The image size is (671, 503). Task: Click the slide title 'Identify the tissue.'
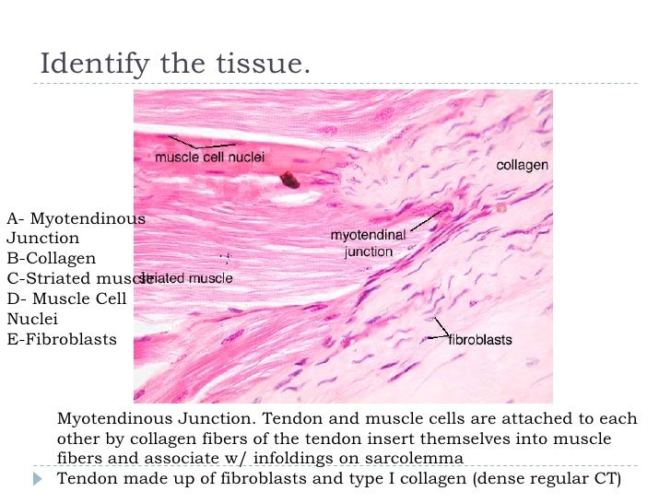tap(175, 66)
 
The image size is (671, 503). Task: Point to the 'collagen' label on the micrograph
tap(523, 166)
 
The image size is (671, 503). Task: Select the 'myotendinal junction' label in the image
tap(368, 243)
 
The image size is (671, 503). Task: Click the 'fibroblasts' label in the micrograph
tap(480, 340)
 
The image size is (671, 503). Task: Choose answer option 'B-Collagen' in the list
tap(52, 258)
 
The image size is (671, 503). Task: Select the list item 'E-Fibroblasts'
tap(62, 339)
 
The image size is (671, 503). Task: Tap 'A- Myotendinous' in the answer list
tap(76, 218)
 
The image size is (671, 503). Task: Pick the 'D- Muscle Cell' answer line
tap(66, 298)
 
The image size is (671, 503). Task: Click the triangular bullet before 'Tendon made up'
tap(38, 479)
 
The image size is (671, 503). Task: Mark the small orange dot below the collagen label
tap(501, 209)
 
